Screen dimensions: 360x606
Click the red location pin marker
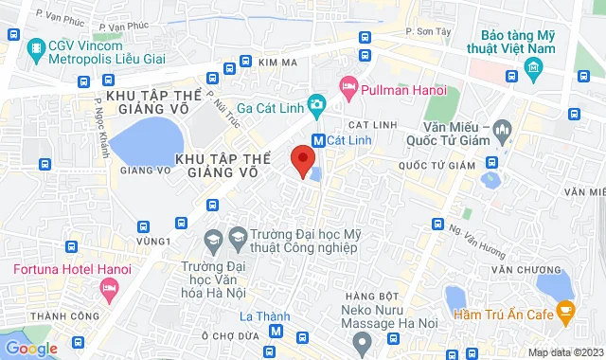click(303, 160)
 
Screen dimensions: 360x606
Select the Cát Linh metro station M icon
click(319, 139)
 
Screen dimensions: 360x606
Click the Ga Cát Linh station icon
click(317, 103)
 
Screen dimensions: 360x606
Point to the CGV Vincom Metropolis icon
click(35, 46)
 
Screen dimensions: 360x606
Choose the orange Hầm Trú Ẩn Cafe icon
click(565, 310)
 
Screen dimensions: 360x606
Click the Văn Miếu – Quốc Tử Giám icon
click(503, 127)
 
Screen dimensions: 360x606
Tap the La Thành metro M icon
click(276, 331)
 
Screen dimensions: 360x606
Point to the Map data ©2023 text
click(565, 352)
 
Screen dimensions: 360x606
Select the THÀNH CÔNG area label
click(55, 315)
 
